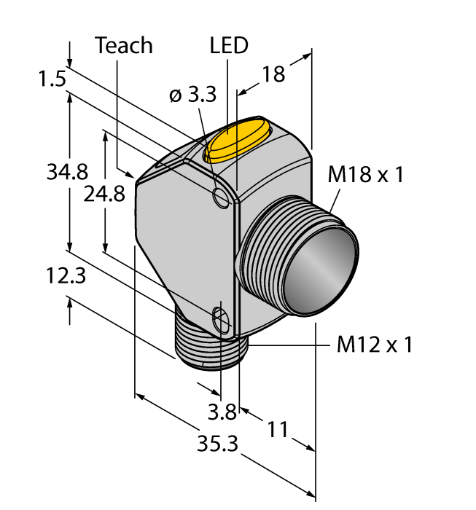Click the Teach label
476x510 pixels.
(x=124, y=45)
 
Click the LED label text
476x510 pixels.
(x=228, y=45)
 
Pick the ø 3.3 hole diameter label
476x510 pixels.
(x=192, y=95)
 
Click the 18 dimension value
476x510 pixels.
(x=274, y=74)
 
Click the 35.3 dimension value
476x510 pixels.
(x=218, y=444)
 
